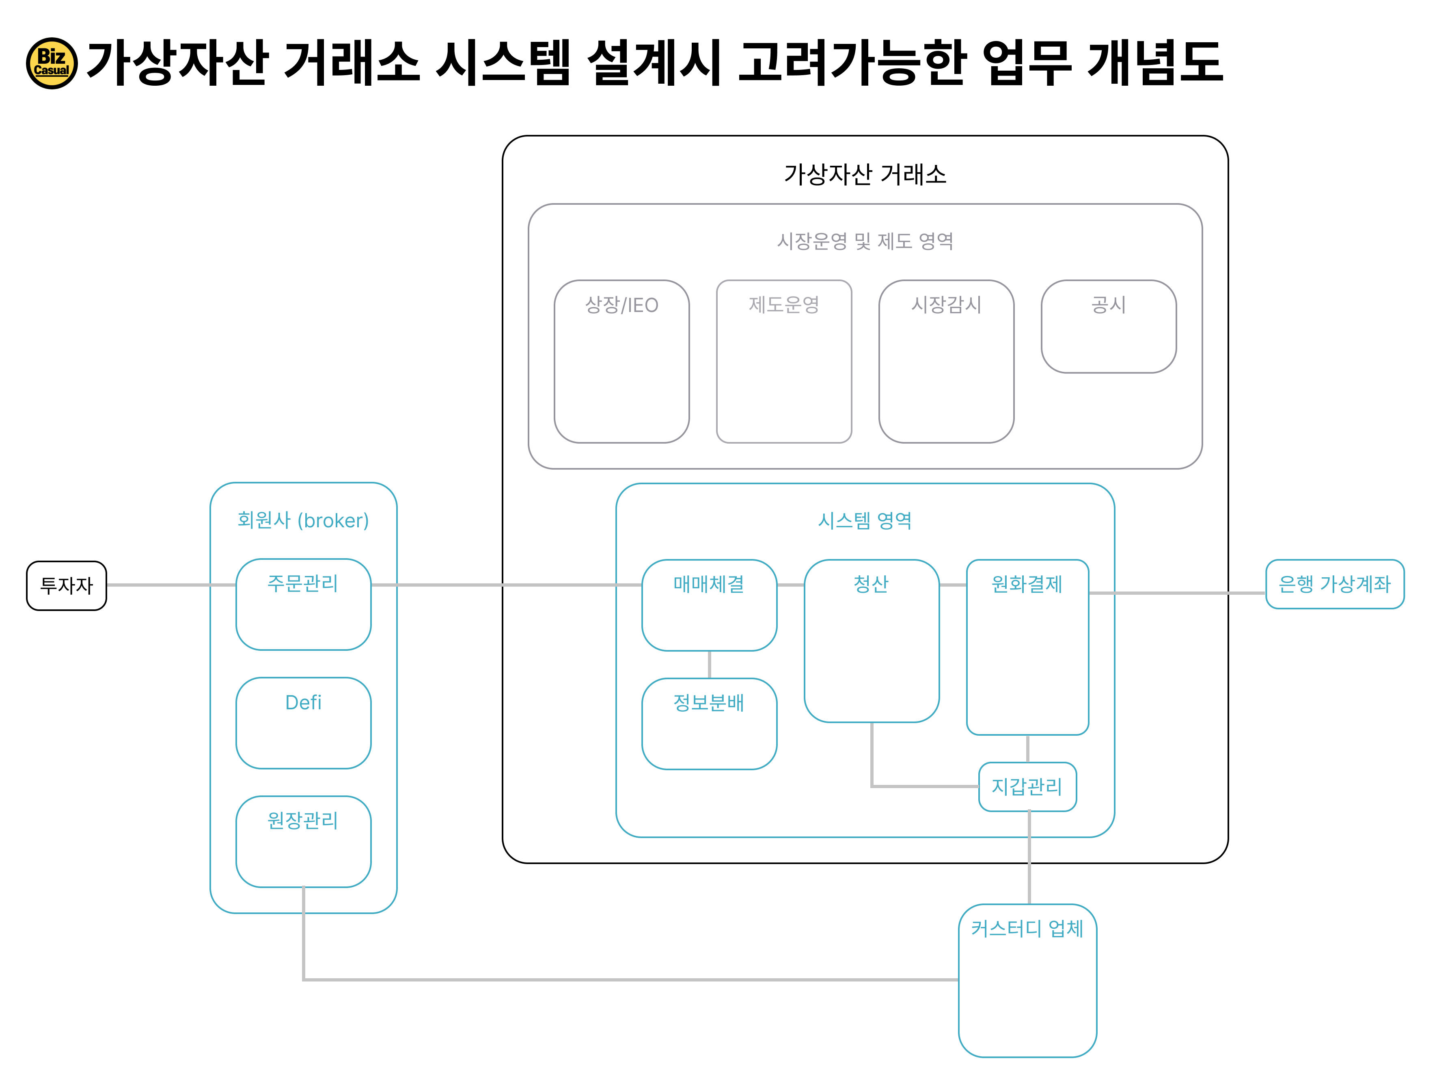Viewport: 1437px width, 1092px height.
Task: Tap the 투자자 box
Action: (66, 586)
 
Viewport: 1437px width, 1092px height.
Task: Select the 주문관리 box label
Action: (303, 583)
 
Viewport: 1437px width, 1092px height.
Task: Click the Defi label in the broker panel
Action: (303, 703)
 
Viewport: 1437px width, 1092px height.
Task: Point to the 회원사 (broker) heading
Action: (303, 520)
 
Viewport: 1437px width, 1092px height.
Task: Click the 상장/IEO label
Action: (622, 305)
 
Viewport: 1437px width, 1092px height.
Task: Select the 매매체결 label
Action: (709, 584)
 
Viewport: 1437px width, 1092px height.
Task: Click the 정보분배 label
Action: (709, 703)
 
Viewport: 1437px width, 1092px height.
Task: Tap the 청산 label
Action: (871, 584)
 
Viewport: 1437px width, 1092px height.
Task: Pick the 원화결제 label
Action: (1027, 584)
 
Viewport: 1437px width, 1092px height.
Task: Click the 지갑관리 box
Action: (1027, 786)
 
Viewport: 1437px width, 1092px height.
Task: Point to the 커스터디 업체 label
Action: (1027, 928)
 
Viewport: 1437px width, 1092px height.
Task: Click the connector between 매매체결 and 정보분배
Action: (710, 664)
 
